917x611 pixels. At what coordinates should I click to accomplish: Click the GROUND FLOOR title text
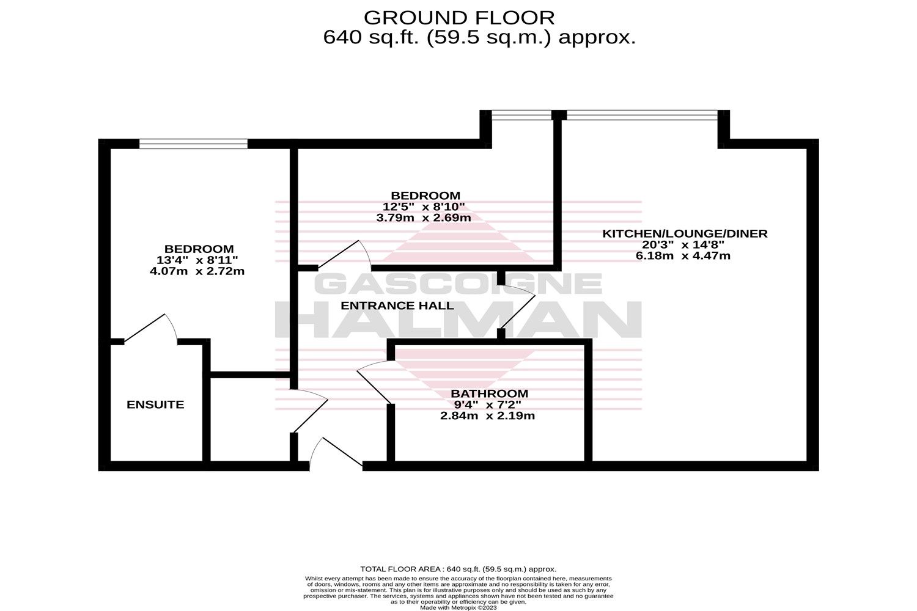click(459, 18)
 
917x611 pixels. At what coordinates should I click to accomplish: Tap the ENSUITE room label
click(155, 404)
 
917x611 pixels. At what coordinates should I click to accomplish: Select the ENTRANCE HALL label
click(397, 305)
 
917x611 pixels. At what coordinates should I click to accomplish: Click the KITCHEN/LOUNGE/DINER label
click(685, 233)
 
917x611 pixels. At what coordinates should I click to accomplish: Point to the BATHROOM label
click(489, 393)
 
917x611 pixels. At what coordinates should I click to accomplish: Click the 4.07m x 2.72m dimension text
click(197, 271)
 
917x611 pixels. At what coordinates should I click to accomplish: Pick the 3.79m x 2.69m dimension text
click(423, 218)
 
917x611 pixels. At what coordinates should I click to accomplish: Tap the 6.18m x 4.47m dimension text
click(683, 256)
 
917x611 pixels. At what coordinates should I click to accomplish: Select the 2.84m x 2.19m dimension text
click(487, 416)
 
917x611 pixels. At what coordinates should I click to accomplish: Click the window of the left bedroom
click(193, 144)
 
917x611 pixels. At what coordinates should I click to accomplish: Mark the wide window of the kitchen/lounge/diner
click(642, 115)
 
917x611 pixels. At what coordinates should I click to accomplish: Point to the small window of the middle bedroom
click(521, 115)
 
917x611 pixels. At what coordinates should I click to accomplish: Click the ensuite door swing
click(150, 327)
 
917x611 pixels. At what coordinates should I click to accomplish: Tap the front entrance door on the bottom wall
click(336, 454)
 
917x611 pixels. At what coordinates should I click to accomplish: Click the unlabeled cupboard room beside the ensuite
click(250, 420)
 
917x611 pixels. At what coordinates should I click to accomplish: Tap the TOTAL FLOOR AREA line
click(458, 569)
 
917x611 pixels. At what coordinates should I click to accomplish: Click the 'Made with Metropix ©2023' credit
click(458, 608)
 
